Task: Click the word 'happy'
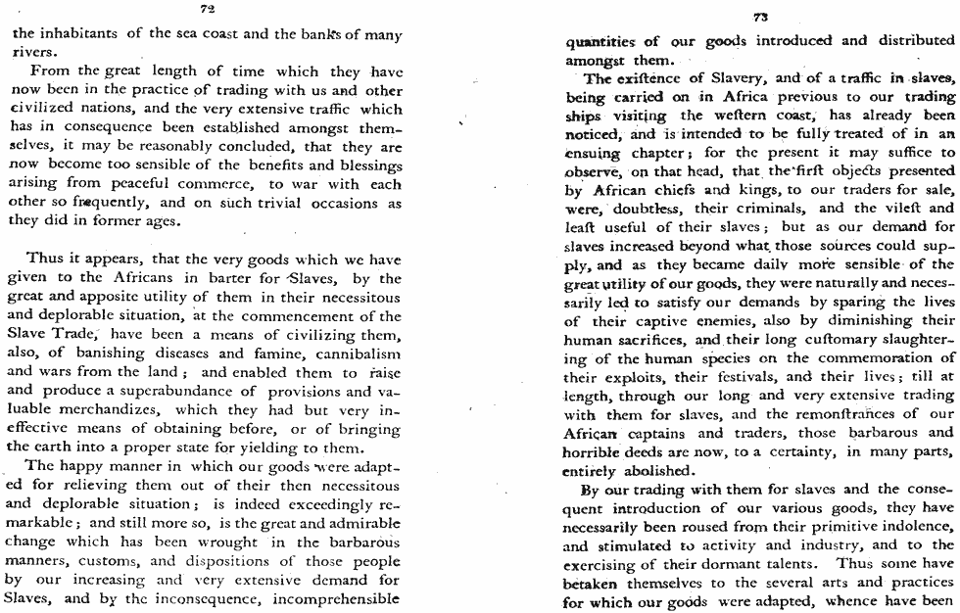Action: tap(91, 466)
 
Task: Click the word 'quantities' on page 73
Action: tap(601, 41)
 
